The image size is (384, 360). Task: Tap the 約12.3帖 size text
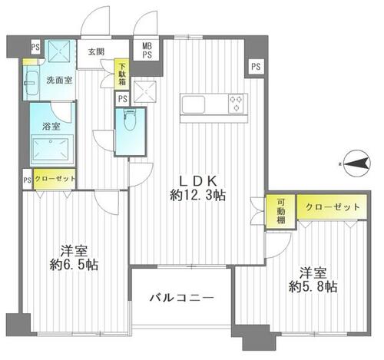coord(197,196)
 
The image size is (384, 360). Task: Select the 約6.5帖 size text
coord(74,266)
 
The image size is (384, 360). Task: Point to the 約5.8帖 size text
coord(313,287)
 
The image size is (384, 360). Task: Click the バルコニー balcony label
coord(181,298)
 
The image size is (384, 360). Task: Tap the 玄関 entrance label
coord(96,52)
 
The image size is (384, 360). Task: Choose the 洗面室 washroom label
coord(59,81)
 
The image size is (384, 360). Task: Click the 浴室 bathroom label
coord(51,126)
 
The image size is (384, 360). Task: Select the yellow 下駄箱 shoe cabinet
coord(122,74)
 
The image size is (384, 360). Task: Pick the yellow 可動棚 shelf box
coord(281,211)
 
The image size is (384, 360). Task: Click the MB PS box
coord(147,51)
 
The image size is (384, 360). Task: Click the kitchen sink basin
coord(194,104)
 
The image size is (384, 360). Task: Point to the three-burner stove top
coord(236,103)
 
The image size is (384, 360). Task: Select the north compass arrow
coord(356,163)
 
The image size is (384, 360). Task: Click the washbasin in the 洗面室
coord(32,83)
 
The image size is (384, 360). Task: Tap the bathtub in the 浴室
coord(52,150)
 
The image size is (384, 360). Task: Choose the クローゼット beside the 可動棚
coord(332,206)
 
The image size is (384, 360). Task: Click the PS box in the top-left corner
coord(36,47)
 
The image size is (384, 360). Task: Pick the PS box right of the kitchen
coord(256,67)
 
